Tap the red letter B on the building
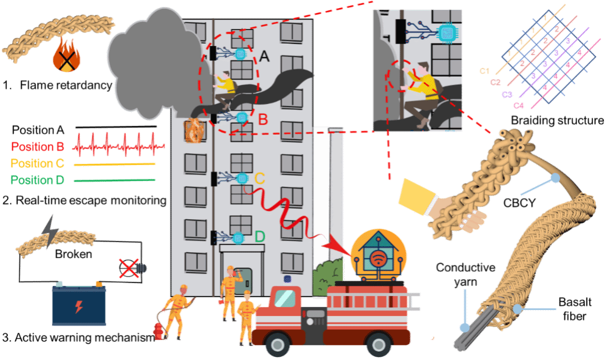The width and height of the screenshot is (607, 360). point(262,120)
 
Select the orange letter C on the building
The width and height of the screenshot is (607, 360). point(259,178)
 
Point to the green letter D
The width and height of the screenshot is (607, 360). point(259,236)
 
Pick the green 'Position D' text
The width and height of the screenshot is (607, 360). point(38,180)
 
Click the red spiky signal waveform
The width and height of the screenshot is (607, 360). point(118,146)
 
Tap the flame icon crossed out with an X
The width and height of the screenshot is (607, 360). point(66,57)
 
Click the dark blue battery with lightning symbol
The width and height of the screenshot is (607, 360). point(79,306)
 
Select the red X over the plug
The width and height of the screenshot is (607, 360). point(128,268)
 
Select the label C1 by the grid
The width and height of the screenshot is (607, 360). point(484,72)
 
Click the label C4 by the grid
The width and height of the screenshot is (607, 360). point(518,105)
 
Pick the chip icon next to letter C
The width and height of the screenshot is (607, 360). point(242,178)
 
